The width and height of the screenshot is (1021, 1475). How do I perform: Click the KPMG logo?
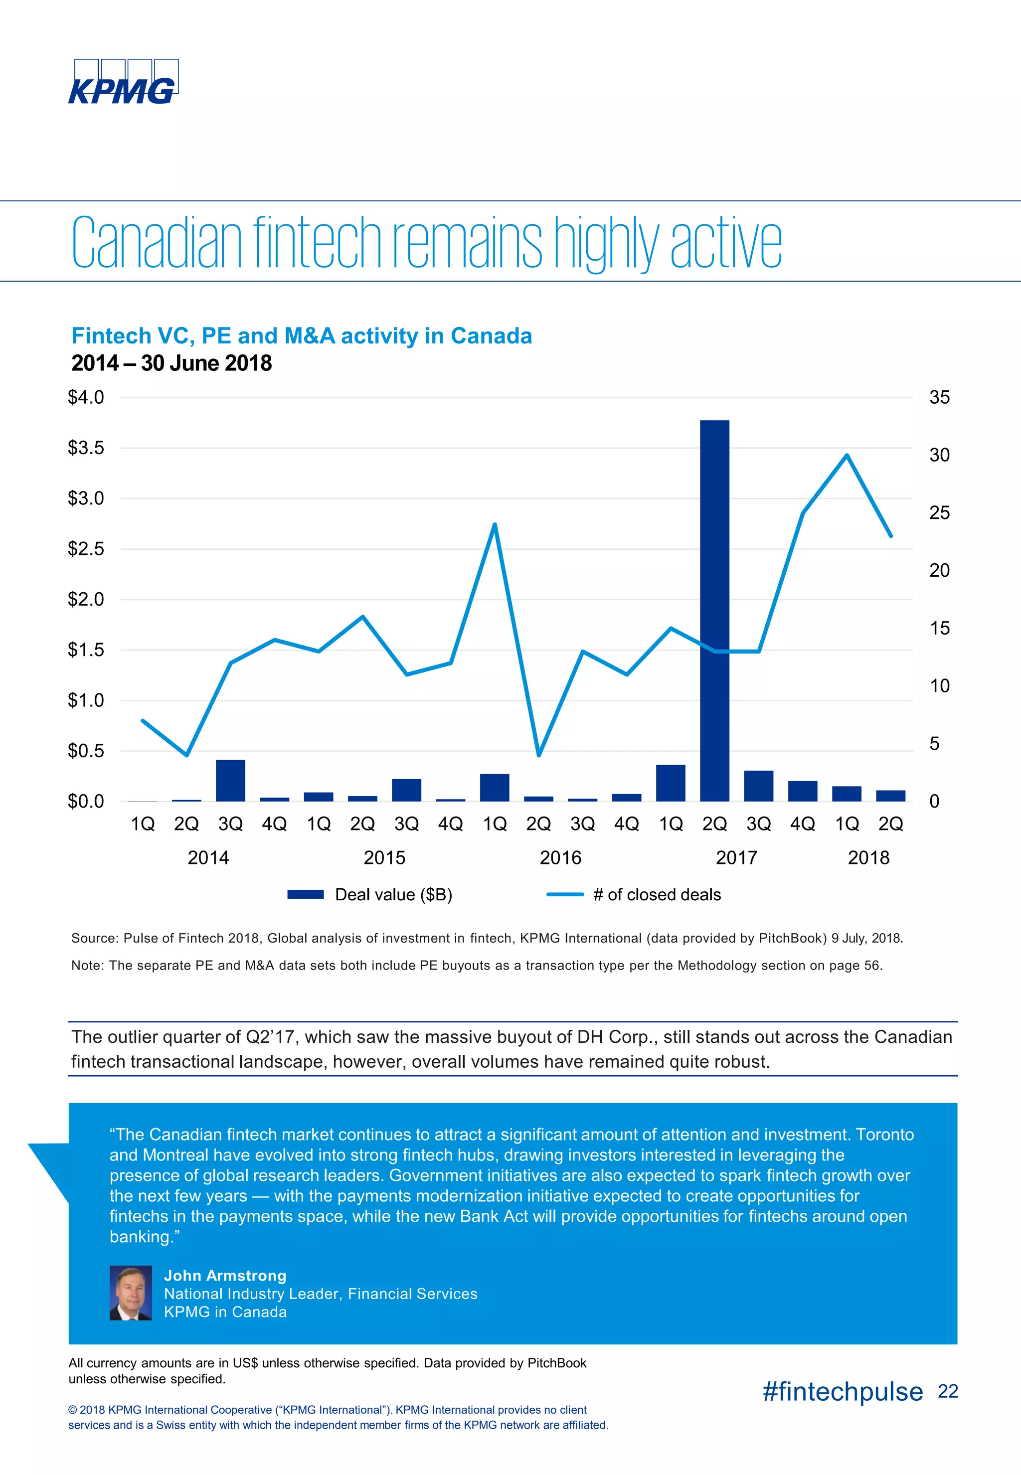point(122,82)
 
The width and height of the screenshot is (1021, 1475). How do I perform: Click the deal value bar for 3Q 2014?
point(230,780)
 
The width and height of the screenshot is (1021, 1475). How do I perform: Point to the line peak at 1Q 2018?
point(847,456)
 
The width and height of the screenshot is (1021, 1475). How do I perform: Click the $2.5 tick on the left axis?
point(86,549)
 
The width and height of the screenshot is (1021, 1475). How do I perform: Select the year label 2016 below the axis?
point(560,858)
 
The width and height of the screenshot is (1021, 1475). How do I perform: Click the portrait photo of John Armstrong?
point(131,1293)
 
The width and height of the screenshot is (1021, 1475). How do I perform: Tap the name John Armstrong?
point(225,1276)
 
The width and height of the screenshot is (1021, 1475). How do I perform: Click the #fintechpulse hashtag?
point(843,1391)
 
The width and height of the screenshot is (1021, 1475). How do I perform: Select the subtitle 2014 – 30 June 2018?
point(171,363)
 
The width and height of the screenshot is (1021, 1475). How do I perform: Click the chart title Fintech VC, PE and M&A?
point(301,336)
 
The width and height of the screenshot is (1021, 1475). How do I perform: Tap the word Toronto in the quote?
point(885,1134)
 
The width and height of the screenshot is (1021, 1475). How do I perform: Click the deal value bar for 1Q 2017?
point(671,783)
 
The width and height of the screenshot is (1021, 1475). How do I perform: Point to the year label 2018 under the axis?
point(868,858)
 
